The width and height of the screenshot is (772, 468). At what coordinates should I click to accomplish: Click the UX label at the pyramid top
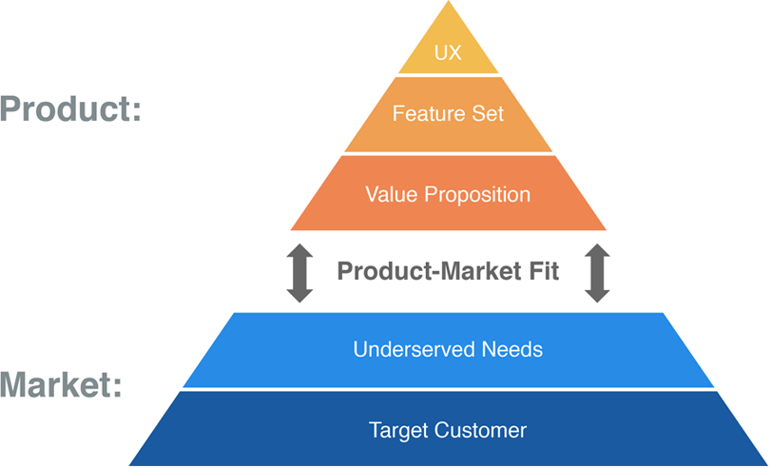448,53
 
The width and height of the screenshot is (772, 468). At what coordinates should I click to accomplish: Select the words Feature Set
448,113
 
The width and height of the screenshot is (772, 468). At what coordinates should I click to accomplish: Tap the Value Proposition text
448,194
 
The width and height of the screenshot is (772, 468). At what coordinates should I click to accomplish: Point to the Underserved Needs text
448,349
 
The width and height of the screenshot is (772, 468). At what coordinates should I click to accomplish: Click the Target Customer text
448,430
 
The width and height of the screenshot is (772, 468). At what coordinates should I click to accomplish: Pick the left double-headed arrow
299,273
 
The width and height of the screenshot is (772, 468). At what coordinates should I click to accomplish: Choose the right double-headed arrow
597,273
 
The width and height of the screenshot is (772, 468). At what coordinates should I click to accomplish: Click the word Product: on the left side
70,108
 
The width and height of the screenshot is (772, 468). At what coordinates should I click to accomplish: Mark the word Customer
480,430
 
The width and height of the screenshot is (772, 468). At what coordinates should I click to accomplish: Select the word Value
387,194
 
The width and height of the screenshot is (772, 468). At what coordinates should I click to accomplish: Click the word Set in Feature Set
486,113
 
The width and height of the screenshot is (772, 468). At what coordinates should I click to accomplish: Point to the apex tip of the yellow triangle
448,3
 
